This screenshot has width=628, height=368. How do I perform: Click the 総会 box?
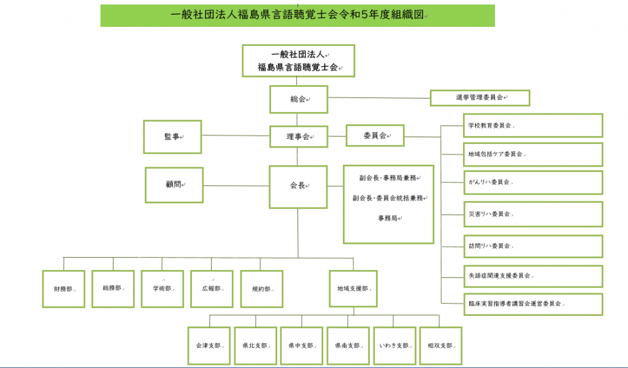299,99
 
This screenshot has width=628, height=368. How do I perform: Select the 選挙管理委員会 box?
480,97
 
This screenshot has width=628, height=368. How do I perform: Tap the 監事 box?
172,137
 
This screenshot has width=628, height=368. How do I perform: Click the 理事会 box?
299,137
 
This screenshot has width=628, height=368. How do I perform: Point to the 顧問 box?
174,185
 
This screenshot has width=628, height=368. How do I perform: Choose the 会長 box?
299,187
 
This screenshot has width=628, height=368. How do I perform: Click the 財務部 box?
64,289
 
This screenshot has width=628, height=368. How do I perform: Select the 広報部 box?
212,289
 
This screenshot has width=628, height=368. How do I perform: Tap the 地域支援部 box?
353,289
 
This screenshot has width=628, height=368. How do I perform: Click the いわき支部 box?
395,346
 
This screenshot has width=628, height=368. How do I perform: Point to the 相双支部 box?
441,346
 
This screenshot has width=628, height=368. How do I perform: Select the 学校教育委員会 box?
533,126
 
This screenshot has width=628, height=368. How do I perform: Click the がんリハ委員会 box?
534,182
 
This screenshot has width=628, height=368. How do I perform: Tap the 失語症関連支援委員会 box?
534,276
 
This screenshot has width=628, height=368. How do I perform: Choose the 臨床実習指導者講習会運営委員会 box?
534,304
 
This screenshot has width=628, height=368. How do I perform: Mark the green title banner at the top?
297,15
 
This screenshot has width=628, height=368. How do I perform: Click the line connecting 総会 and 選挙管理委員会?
379,97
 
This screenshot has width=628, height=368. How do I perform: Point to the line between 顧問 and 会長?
236,186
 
